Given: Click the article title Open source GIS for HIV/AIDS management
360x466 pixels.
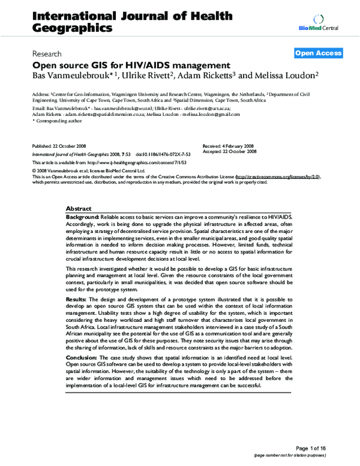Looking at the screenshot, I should pyautogui.click(x=131, y=65).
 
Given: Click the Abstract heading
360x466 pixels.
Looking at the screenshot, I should pyautogui.click(x=79, y=207).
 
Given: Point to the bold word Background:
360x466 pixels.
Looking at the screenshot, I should pyautogui.click(x=83, y=216).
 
